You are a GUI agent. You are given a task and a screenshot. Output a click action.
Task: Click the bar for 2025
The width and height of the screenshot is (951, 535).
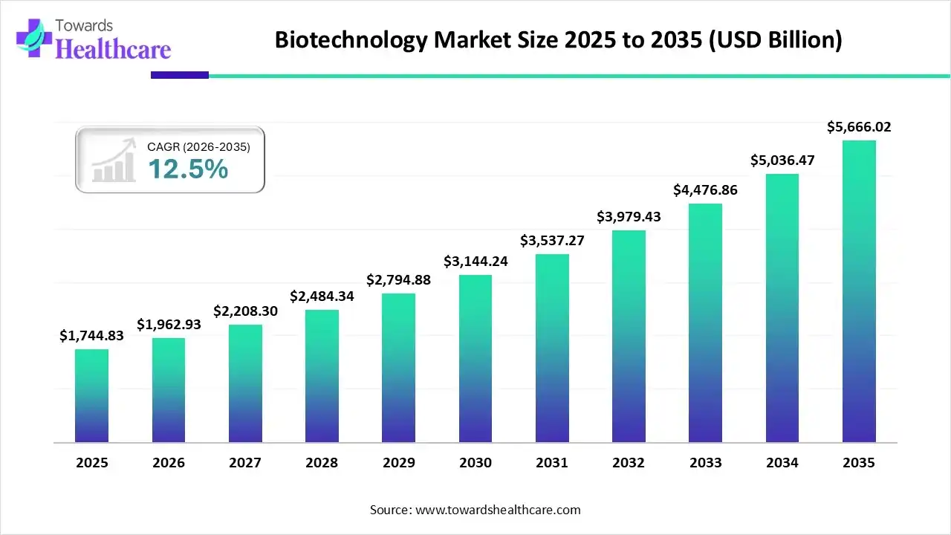point(91,395)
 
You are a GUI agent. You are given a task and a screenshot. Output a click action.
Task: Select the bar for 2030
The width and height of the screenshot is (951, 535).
point(475,358)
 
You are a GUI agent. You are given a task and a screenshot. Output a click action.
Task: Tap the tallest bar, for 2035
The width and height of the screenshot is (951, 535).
point(859,291)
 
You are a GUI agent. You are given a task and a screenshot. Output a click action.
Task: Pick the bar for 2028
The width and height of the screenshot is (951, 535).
point(322,376)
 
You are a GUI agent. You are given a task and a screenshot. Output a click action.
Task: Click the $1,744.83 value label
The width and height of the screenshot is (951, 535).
point(91,336)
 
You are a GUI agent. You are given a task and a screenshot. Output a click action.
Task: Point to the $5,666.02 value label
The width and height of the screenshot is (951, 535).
point(859,127)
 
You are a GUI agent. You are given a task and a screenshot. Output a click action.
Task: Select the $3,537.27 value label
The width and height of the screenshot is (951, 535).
point(552,240)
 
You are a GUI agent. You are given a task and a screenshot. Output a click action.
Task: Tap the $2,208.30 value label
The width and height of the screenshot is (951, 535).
point(245,311)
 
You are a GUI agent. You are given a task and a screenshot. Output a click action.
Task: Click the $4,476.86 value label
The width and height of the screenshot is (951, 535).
point(705,189)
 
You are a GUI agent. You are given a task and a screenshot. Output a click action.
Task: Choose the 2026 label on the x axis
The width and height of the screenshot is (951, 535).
point(169,463)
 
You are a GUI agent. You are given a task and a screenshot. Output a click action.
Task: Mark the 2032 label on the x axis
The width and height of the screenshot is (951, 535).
point(629,463)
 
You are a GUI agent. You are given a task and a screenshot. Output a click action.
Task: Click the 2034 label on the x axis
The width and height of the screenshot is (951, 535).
point(782,463)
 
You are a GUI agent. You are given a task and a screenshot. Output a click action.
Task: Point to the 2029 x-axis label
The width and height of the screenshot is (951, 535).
point(399,463)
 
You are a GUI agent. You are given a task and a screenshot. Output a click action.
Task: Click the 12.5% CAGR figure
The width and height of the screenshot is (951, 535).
point(187,169)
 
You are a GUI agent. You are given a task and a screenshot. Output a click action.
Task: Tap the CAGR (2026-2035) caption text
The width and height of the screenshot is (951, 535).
point(198,147)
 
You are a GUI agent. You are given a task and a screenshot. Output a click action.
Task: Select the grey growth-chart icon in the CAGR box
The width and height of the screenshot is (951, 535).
point(114,160)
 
